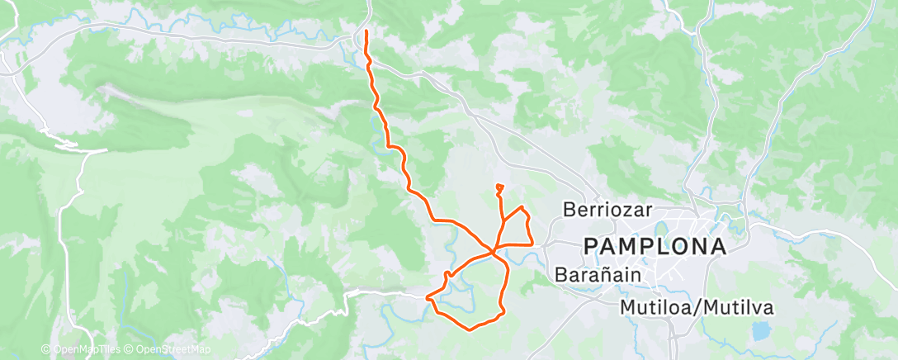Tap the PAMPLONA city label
[655, 246]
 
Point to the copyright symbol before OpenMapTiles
[46, 350]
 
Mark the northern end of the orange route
[366, 31]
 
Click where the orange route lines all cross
[494, 251]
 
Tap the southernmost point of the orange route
[470, 330]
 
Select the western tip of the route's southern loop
[427, 297]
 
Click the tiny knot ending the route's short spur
[499, 188]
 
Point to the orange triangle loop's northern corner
[522, 207]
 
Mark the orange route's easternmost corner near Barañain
[532, 244]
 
